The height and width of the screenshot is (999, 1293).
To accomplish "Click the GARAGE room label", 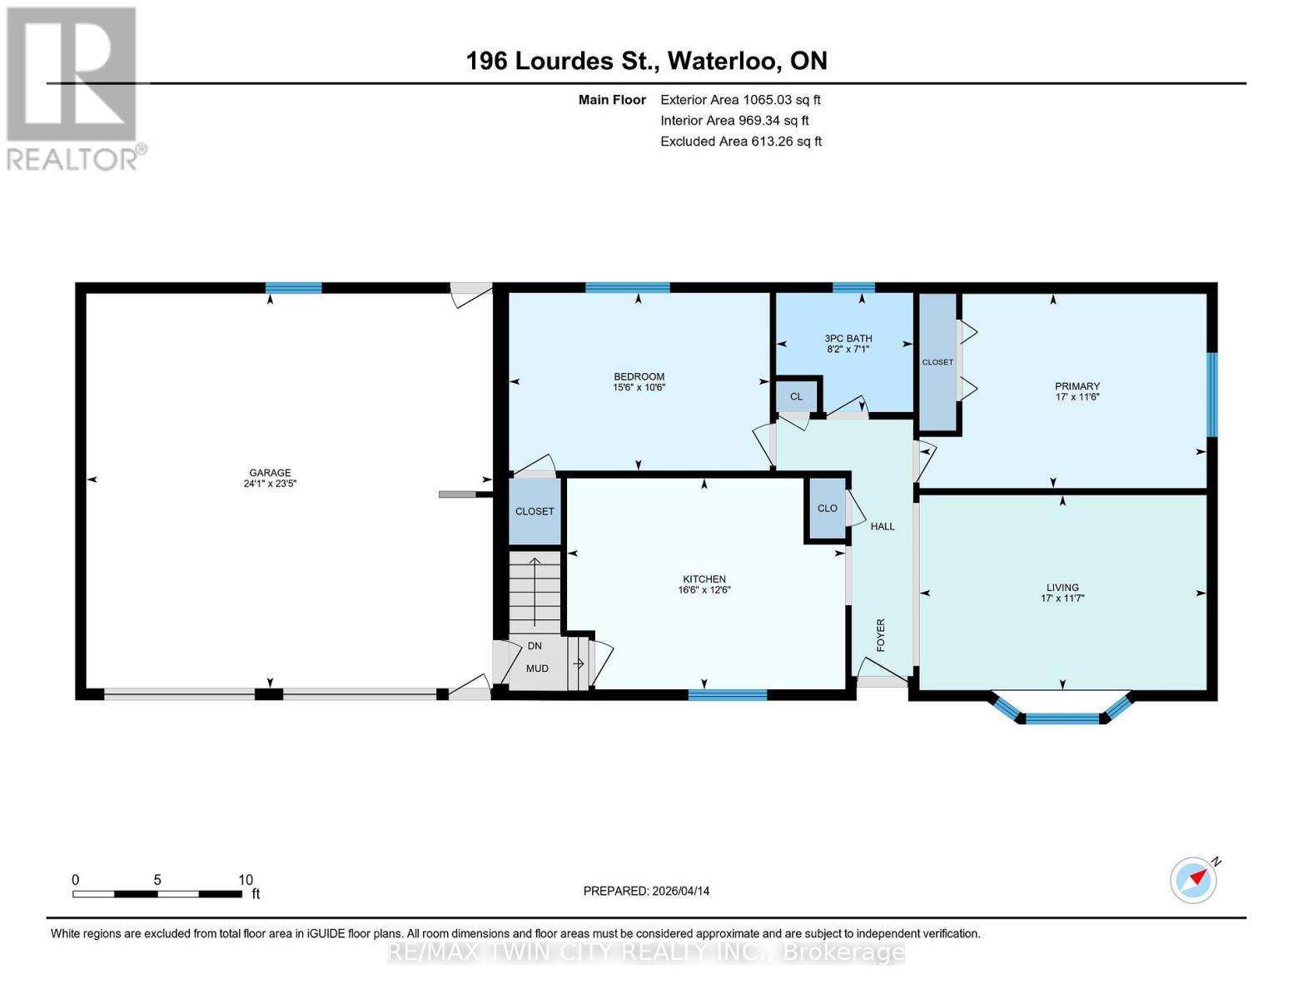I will tap(269, 472).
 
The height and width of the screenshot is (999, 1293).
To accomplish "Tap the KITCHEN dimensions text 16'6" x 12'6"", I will tap(704, 590).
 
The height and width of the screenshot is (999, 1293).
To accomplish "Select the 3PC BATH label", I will tap(848, 338).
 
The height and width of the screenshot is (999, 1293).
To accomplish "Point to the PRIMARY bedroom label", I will tap(1077, 385).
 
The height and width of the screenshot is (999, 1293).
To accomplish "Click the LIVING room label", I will tap(1062, 587).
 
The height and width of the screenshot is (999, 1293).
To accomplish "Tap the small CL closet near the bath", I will tap(796, 396).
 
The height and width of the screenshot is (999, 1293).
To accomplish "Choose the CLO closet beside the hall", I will tap(827, 508).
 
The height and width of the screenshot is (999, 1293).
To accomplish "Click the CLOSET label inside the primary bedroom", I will tap(937, 362).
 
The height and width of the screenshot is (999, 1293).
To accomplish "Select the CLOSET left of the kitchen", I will tap(535, 511).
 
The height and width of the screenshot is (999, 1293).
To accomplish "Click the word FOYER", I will tap(881, 634).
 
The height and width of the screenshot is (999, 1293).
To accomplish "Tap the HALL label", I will tap(883, 526).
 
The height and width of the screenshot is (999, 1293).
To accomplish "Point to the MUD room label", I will tap(537, 668).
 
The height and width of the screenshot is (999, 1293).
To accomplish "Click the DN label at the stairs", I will tap(535, 645).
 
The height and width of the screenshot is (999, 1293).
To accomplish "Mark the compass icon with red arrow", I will tap(1193, 879).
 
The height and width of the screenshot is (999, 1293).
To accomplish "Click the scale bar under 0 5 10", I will tap(157, 894).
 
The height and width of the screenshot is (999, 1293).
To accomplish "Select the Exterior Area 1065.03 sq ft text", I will tap(740, 100).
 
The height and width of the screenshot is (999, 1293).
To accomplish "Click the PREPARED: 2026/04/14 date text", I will tap(646, 891).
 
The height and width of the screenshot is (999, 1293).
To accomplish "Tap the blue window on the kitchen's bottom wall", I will tap(727, 695).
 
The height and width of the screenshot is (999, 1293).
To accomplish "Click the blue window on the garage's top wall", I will tap(293, 288).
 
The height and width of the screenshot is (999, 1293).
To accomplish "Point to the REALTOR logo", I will tap(73, 87).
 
